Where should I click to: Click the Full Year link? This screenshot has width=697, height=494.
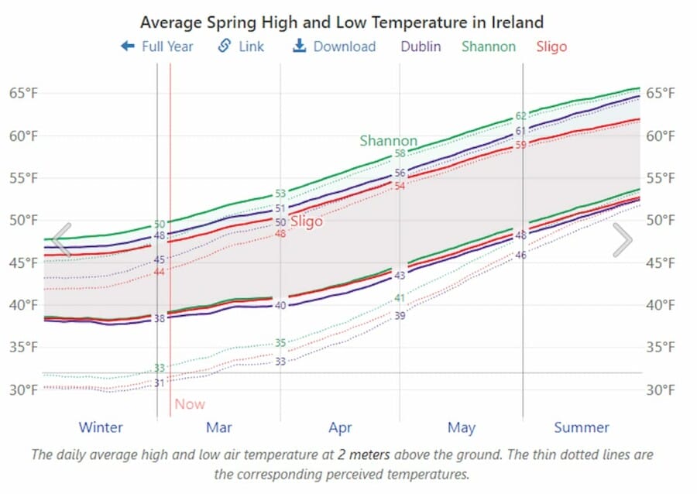[158, 46]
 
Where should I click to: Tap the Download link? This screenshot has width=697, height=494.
[335, 46]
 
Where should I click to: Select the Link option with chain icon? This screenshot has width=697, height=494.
[241, 46]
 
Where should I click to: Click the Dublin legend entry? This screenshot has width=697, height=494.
[421, 46]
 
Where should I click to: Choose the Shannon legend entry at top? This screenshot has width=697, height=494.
[488, 46]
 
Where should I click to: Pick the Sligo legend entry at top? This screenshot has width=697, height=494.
[551, 46]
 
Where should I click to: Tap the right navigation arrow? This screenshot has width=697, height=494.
[622, 239]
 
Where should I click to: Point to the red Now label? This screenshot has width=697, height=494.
[190, 403]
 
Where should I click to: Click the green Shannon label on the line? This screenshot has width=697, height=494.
[388, 141]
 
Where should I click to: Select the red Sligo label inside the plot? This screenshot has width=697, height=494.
[306, 221]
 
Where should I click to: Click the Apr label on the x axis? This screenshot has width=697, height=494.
[340, 427]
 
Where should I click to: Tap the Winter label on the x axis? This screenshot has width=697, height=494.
[101, 427]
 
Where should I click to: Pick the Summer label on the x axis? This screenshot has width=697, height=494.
[582, 427]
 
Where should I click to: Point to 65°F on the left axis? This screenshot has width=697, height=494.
[23, 93]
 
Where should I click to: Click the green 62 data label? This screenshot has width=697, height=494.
[521, 116]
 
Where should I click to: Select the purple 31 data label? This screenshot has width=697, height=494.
[159, 383]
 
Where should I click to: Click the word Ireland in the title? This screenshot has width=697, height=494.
[517, 22]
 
